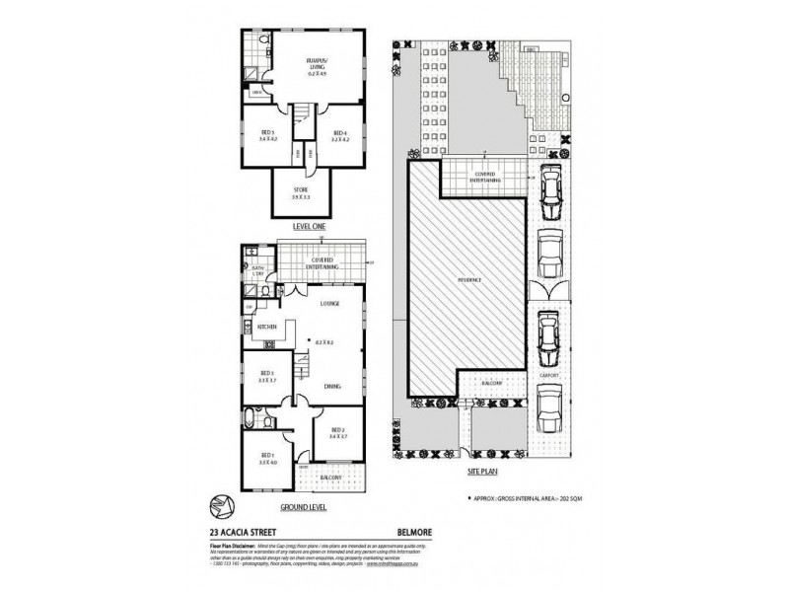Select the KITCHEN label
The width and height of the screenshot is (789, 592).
[266, 326]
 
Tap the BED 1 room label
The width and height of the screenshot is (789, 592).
[265, 459]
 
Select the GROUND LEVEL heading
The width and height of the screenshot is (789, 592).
[304, 506]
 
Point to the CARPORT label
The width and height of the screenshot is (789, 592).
[549, 376]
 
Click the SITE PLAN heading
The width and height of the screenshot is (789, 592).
[486, 473]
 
